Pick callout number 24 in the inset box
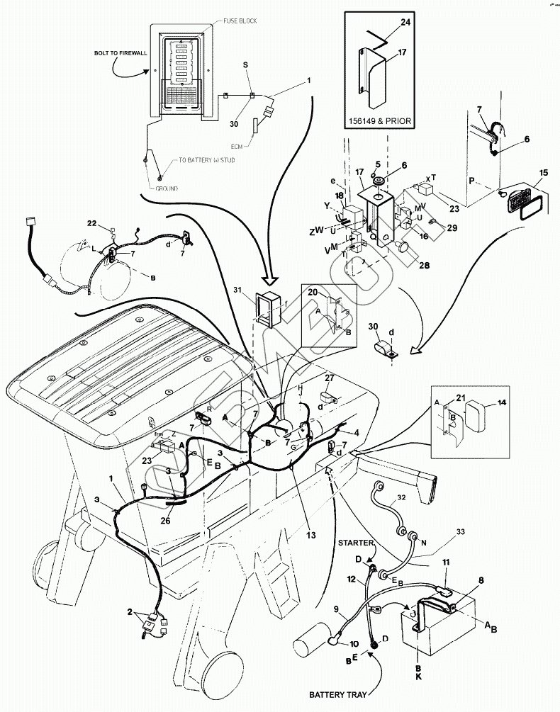[x=404, y=23]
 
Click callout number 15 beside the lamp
[x=544, y=173]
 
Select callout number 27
[x=329, y=378]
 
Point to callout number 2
[x=130, y=611]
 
